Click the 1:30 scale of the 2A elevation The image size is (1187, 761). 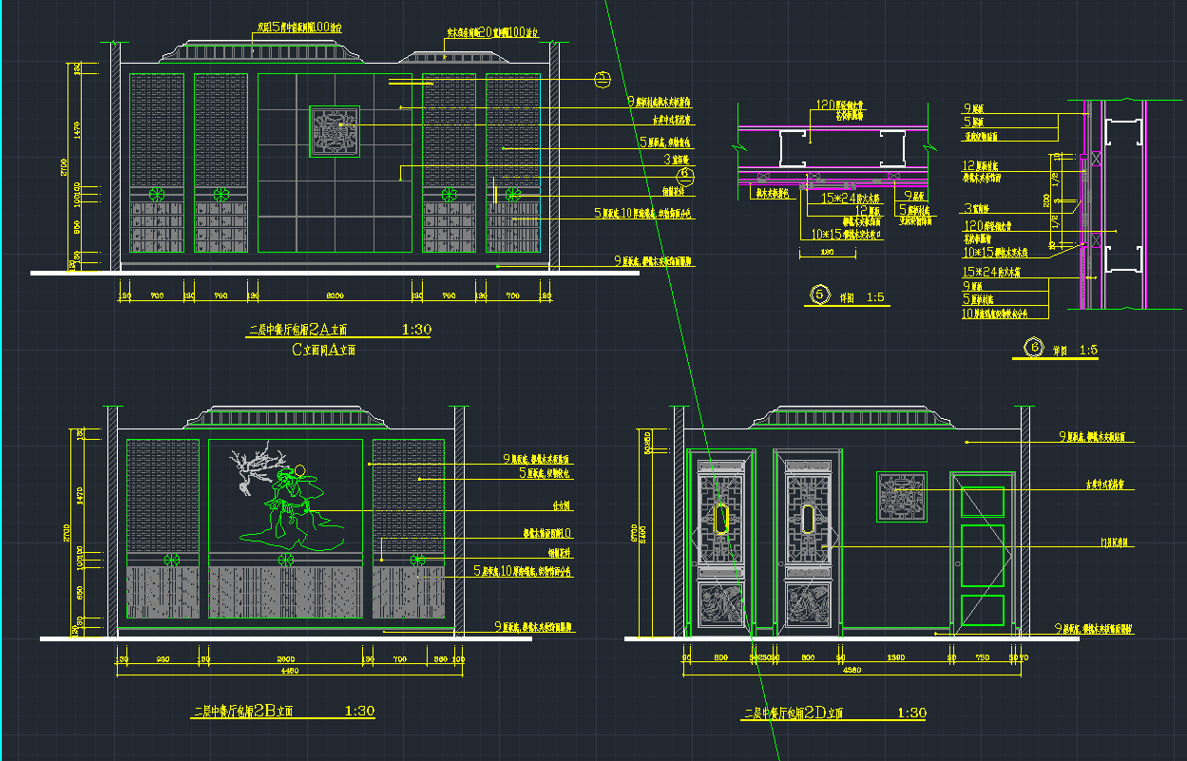pos(416,330)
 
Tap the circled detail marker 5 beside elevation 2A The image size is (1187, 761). pos(601,80)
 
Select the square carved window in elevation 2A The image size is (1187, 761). pos(335,131)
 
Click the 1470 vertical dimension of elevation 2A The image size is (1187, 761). pos(77,130)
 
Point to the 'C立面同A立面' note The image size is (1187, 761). pos(323,350)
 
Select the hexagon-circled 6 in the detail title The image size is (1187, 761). pos(1032,349)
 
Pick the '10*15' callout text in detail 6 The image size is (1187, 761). pos(984,252)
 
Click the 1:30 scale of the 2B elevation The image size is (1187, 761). pos(359,711)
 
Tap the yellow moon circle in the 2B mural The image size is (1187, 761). pos(297,468)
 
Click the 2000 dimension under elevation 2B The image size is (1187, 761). pos(284,658)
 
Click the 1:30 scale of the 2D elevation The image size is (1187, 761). pos(911,713)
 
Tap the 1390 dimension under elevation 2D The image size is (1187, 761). pos(895,657)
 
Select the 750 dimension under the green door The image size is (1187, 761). pos(983,657)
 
